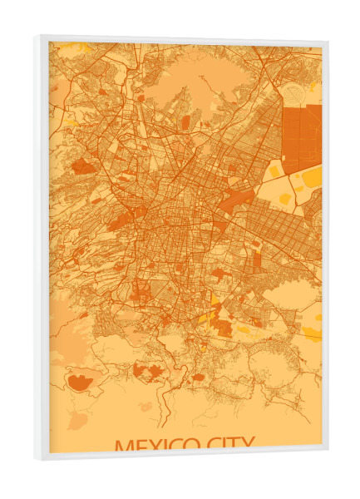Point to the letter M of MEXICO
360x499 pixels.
point(124,446)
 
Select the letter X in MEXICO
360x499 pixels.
point(162,446)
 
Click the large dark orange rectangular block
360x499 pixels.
point(301,137)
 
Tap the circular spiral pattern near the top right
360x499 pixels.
point(297,91)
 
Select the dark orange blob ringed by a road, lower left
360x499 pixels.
point(81,383)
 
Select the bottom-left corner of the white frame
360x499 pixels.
point(37,457)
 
